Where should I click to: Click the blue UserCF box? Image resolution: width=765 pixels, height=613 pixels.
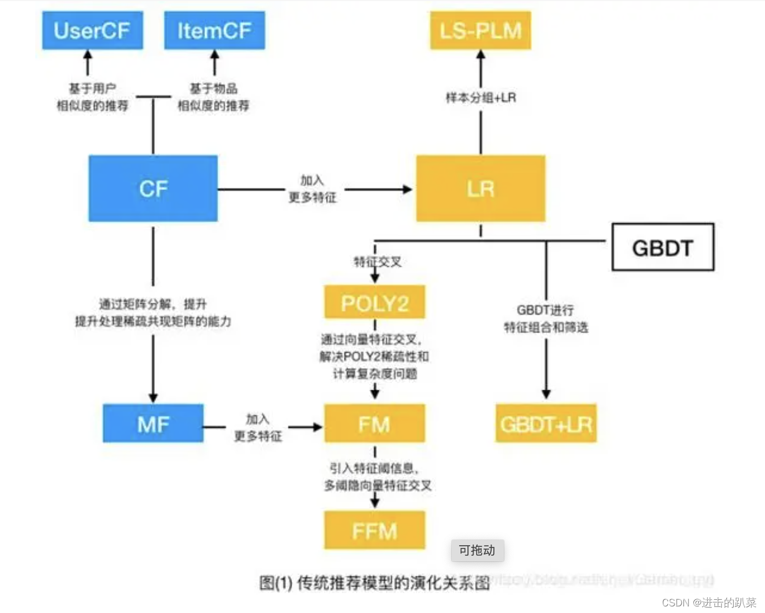point(93,31)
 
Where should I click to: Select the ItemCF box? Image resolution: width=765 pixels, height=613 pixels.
point(214,31)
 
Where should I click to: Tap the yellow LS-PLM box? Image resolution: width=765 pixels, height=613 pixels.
point(481,31)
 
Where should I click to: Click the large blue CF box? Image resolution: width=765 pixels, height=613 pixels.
point(153,189)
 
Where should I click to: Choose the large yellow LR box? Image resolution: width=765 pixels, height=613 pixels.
point(481,189)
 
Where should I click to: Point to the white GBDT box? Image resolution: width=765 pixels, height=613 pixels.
point(662,248)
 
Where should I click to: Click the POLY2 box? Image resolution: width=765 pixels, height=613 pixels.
point(375,302)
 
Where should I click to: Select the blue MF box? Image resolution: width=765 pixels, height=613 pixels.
point(153,423)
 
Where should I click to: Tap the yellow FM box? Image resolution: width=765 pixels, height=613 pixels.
point(375,423)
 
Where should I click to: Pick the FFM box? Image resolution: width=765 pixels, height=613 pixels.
point(375,530)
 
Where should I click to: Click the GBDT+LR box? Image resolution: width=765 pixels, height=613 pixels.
point(546,423)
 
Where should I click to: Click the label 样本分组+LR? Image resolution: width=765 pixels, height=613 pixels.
point(481,98)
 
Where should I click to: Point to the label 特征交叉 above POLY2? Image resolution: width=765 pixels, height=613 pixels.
point(378,262)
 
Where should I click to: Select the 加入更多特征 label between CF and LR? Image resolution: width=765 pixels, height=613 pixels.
point(313,189)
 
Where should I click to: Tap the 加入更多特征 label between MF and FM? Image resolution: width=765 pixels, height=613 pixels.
point(257,428)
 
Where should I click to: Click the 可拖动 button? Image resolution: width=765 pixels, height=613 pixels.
point(477,550)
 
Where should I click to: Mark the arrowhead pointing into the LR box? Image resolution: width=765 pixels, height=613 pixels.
point(407,189)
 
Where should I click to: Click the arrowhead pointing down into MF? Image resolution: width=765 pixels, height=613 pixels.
point(153,397)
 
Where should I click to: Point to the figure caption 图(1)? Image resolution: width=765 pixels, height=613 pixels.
point(375,582)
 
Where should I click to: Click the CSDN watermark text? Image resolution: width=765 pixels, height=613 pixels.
point(709,603)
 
